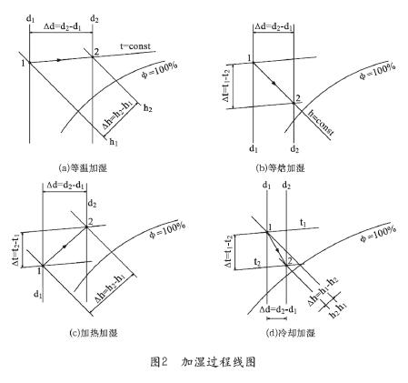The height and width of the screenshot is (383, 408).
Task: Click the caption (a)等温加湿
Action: [x=83, y=168]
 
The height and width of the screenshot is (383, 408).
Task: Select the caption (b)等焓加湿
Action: [x=280, y=168]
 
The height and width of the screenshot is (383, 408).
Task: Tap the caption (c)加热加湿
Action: [x=93, y=333]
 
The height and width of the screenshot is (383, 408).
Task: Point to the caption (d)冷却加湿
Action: [x=291, y=333]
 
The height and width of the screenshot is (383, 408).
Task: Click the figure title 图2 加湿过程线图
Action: [x=204, y=362]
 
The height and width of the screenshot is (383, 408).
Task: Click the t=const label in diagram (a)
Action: [x=135, y=46]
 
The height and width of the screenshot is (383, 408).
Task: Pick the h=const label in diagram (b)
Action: [x=321, y=123]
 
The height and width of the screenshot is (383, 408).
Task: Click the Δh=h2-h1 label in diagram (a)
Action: [x=117, y=116]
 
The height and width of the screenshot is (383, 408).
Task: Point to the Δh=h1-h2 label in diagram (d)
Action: [x=323, y=291]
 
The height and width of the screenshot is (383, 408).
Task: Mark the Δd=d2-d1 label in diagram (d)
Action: [x=278, y=309]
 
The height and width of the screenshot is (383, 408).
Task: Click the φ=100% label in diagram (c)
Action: [x=167, y=230]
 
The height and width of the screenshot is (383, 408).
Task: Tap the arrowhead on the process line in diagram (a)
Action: [x=59, y=60]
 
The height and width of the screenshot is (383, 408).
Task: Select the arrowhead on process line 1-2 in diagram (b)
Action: [x=274, y=83]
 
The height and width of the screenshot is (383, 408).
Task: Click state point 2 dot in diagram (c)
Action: [x=86, y=227]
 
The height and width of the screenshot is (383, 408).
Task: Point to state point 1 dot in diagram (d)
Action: [x=267, y=232]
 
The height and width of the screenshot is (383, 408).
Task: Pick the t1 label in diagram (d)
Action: [x=303, y=223]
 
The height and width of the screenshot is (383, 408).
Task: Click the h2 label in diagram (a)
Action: [x=148, y=108]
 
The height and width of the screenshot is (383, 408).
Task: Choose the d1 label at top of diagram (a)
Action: [x=31, y=19]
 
